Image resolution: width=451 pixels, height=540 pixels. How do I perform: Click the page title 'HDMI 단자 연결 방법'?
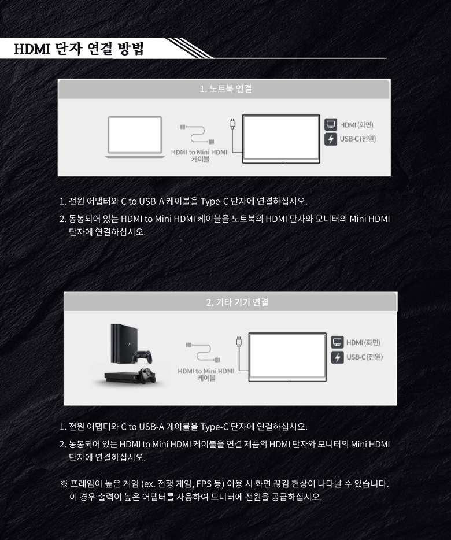click(79, 49)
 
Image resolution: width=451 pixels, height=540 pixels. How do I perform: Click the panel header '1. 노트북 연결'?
click(226, 89)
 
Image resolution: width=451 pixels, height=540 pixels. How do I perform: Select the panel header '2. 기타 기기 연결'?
click(238, 302)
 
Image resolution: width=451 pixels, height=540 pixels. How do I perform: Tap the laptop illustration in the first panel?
click(135, 137)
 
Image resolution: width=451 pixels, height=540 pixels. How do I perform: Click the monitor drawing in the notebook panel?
click(281, 139)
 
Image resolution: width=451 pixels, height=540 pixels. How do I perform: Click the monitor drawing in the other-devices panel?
click(287, 357)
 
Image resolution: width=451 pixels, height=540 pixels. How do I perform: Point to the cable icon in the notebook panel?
click(197, 134)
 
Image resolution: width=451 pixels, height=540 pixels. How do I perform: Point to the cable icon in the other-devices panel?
click(203, 352)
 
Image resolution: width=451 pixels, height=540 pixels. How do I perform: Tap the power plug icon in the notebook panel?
click(232, 124)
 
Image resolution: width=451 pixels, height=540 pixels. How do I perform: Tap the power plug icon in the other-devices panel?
click(239, 342)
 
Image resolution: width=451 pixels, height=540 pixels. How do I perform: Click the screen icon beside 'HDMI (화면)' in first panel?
click(331, 125)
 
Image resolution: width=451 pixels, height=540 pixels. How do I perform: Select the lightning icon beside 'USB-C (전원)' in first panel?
click(331, 139)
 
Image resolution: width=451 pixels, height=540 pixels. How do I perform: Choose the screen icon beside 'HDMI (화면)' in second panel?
click(337, 342)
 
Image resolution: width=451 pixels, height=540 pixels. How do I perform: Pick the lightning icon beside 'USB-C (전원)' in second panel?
click(337, 357)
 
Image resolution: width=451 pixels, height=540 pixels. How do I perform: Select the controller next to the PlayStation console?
click(142, 357)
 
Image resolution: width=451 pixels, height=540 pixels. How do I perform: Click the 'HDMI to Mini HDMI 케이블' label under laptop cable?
click(199, 156)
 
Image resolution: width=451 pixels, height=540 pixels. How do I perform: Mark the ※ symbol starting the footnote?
click(64, 484)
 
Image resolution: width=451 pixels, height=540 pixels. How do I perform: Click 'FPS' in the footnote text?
click(204, 484)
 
